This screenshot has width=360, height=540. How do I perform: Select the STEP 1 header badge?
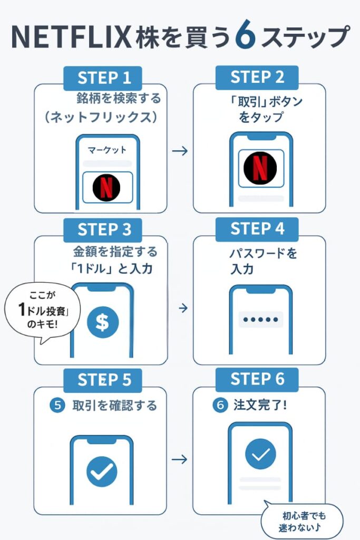coord(103,78)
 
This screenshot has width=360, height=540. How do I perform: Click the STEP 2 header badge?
coord(257,77)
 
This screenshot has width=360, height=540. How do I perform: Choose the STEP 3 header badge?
coord(103,229)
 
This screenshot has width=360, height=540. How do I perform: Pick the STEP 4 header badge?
coord(257,229)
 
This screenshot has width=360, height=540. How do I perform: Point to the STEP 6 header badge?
coord(257,379)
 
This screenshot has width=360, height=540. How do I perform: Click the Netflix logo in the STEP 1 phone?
coord(106,187)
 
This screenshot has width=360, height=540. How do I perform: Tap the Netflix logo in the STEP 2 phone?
coord(260,168)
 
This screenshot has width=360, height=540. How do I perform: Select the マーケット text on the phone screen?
coord(107,150)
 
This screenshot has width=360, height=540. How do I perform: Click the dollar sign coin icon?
coord(103,322)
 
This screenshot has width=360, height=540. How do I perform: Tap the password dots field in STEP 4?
coord(260,320)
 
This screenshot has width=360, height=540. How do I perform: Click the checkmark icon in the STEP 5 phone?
coord(102,471)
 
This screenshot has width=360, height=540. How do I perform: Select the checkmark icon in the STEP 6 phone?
coord(260,454)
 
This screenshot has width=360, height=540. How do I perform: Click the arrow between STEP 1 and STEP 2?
coord(180,151)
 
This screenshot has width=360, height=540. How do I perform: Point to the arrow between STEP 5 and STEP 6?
coord(180,459)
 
